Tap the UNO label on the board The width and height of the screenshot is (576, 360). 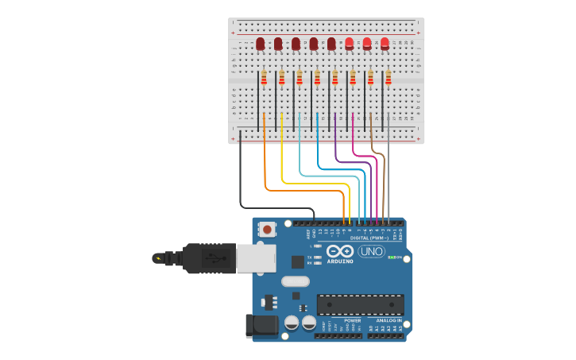click(x=371, y=251)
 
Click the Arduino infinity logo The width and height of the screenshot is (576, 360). click(x=339, y=251)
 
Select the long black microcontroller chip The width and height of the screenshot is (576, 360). click(x=360, y=304)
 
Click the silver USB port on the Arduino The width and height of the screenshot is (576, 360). click(x=256, y=258)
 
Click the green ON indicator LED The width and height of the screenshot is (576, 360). click(x=391, y=257)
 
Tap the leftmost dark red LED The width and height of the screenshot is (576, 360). click(x=260, y=44)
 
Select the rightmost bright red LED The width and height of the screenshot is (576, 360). click(x=385, y=44)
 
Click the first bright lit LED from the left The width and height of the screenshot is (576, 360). click(x=349, y=44)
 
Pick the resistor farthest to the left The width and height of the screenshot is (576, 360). click(x=264, y=77)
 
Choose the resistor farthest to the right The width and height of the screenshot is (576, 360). click(x=389, y=77)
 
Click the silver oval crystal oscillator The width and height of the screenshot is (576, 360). click(x=295, y=281)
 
